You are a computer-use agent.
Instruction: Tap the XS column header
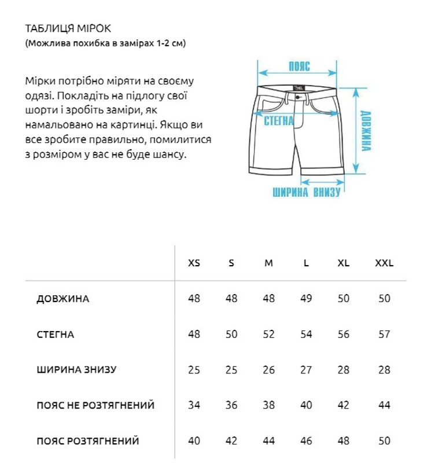[194, 263]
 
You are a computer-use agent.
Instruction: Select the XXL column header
[384, 263]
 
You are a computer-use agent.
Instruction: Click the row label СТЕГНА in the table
[55, 335]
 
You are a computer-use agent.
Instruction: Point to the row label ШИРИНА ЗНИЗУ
[76, 370]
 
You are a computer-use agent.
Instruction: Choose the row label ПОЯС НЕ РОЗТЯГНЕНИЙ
[95, 406]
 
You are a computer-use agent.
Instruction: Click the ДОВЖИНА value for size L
[306, 299]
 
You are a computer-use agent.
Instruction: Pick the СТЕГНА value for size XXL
[384, 335]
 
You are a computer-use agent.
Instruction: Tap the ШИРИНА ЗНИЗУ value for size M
[269, 370]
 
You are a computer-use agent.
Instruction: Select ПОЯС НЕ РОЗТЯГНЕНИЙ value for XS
[194, 406]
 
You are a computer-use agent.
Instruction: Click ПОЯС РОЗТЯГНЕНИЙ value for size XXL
[384, 441]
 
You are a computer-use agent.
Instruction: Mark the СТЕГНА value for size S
[231, 335]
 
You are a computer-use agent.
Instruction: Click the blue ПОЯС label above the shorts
[299, 66]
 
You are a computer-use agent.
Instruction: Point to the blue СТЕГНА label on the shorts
[279, 121]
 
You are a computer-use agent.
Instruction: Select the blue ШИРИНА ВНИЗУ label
[307, 192]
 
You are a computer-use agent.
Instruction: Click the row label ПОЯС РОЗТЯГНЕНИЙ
[88, 441]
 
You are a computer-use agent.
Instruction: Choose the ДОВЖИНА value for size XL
[344, 299]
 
